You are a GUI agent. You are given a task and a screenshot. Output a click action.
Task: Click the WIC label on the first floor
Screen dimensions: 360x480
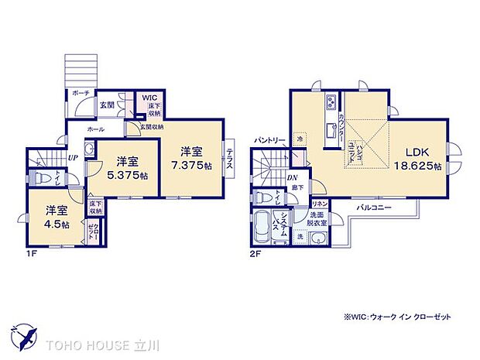click(x=149, y=98)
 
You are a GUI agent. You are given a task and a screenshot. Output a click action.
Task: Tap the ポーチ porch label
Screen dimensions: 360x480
click(x=81, y=92)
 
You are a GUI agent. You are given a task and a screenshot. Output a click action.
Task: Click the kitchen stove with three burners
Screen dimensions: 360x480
click(x=331, y=102)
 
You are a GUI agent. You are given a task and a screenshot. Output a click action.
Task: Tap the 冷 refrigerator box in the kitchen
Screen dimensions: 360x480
click(x=301, y=139)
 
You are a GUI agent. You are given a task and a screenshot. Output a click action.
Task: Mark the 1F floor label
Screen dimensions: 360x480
click(x=30, y=252)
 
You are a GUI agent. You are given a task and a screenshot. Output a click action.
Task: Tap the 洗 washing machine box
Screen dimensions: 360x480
click(x=300, y=235)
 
